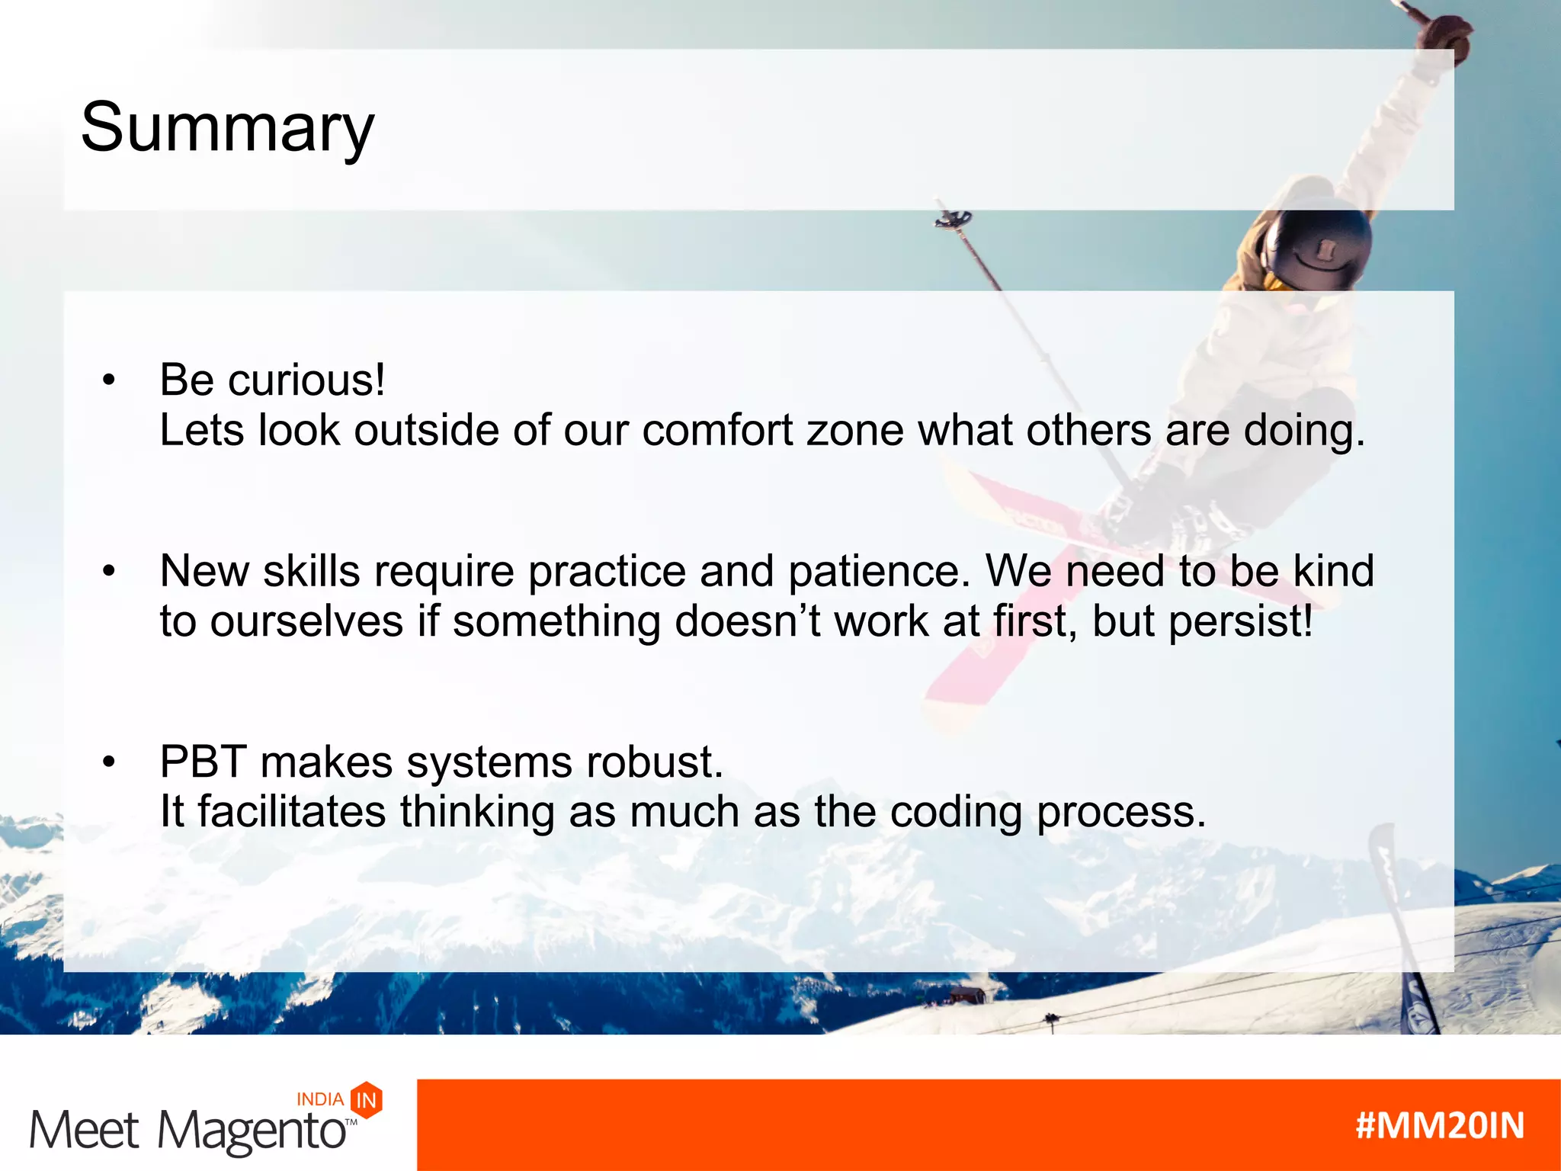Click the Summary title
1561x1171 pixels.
coord(227,128)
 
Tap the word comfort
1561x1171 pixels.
coord(717,430)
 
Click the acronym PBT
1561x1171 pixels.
coord(203,762)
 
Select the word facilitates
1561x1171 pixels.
coord(292,811)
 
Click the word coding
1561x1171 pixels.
coord(956,813)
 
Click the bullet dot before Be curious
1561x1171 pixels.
coord(109,380)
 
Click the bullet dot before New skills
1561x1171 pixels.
coord(109,571)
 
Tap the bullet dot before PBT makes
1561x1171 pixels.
coord(109,762)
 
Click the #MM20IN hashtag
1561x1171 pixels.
coord(1439,1125)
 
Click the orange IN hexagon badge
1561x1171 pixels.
coord(367,1099)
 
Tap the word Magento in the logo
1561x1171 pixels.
coord(252,1131)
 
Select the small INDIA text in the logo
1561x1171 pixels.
coord(319,1099)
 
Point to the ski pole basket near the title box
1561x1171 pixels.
coord(954,220)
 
